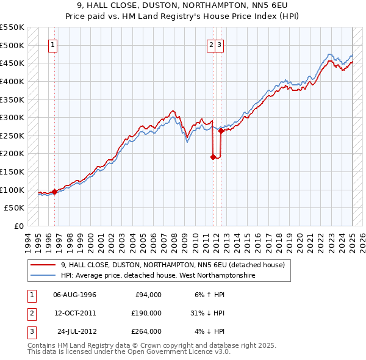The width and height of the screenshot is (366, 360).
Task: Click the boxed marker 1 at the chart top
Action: pyautogui.click(x=53, y=45)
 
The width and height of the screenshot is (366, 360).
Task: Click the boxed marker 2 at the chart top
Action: pyautogui.click(x=211, y=45)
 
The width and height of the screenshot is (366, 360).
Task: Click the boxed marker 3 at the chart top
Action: pyautogui.click(x=219, y=45)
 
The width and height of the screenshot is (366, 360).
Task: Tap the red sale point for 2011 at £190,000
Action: pyautogui.click(x=213, y=157)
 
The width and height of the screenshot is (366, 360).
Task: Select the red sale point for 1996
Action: pyautogui.click(x=54, y=192)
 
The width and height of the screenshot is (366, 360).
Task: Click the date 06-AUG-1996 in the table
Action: pyautogui.click(x=75, y=294)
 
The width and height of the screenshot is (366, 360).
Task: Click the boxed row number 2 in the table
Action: pyautogui.click(x=31, y=313)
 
